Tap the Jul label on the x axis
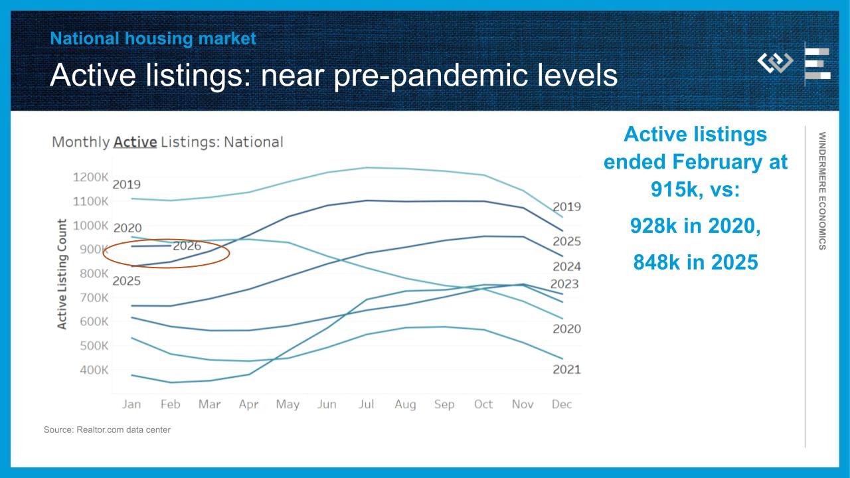pos(367,404)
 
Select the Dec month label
pos(562,404)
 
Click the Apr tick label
pos(248,404)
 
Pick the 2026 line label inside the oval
pos(187,246)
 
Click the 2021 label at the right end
pos(566,370)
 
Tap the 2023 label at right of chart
pos(564,284)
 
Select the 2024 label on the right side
pos(566,267)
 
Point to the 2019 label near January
pos(126,185)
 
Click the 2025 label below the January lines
pos(126,281)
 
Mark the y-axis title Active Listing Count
pos(62,274)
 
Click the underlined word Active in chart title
pos(135,142)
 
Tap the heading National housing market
pos(153,39)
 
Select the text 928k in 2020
pos(695,226)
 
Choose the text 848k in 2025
pos(695,262)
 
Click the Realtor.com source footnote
pos(107,430)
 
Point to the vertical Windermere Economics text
pos(822,191)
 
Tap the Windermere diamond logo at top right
pos(776,63)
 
